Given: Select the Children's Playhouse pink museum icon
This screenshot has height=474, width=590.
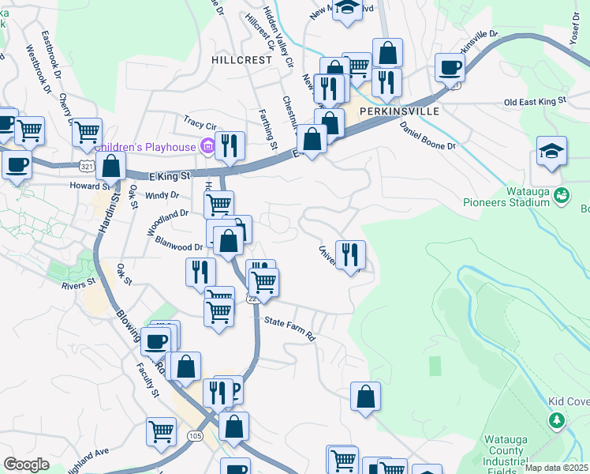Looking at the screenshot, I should (x=207, y=146).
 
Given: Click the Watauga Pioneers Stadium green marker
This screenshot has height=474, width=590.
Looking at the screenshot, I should (x=562, y=194).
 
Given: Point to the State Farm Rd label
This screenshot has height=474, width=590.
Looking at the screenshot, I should (x=289, y=328).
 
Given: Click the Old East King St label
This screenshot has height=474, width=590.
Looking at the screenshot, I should (x=536, y=102).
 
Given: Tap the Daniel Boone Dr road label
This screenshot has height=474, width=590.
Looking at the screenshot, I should (x=428, y=136).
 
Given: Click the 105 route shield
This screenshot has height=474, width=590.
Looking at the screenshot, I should (x=193, y=435).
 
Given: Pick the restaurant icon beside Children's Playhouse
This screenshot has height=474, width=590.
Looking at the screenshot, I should (x=230, y=145).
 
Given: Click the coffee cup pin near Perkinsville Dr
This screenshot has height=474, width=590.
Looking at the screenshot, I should (x=450, y=67).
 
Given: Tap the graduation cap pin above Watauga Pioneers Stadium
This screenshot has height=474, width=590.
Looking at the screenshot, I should (x=551, y=150).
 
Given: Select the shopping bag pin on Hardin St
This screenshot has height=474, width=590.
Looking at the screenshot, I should (x=112, y=167).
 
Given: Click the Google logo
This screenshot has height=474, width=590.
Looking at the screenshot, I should (x=26, y=464).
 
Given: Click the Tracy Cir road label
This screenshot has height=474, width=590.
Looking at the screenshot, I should (x=200, y=125).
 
